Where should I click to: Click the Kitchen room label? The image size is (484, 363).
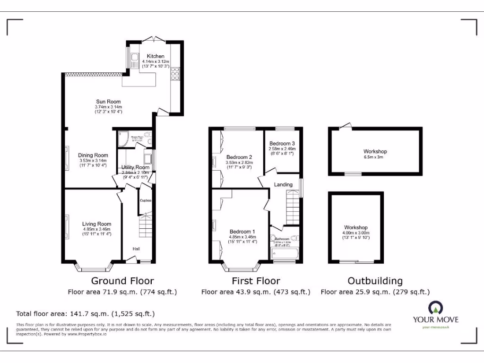coord(156,56)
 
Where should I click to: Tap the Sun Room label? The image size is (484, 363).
coord(108,102)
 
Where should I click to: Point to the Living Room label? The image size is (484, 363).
coord(96,224)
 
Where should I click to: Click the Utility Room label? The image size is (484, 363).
coord(135,167)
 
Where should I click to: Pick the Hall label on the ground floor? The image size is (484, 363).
coord(136,249)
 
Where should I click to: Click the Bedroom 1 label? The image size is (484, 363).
coord(242,232)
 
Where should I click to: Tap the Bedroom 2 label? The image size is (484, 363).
coord(239,157)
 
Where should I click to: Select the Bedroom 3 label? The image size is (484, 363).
coord(282,144)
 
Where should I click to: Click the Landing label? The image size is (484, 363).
coord(283,184)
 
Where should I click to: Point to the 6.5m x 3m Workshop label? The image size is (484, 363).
coord(375,152)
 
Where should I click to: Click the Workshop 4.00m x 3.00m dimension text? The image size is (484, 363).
coord(356,233)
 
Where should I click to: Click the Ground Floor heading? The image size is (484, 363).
coord(122,281)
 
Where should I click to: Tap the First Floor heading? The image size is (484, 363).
coord(256,281)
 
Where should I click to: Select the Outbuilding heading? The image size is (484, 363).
coord(375,281)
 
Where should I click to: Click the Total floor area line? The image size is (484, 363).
coord(86,313)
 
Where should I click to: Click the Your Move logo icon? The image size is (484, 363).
coord(435,308)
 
